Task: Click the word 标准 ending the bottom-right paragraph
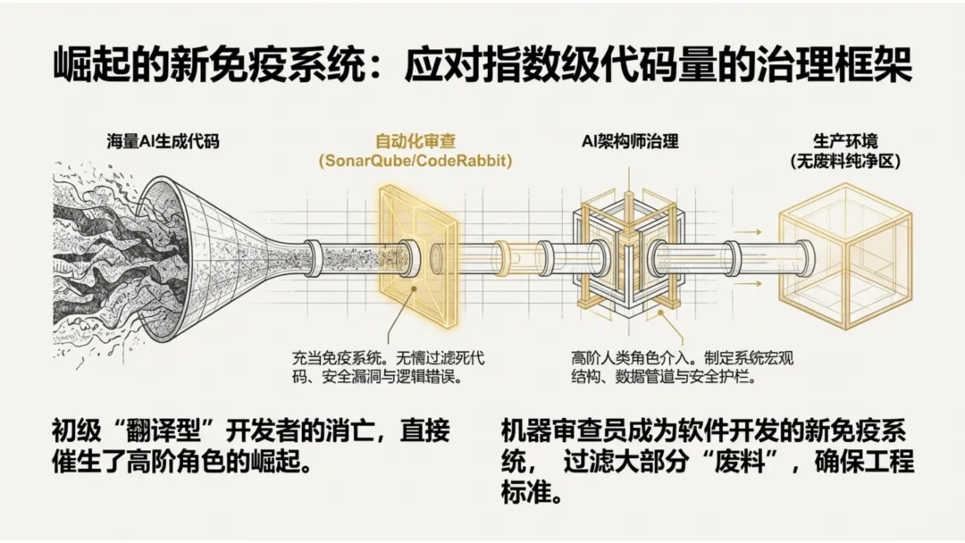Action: coord(528,495)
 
